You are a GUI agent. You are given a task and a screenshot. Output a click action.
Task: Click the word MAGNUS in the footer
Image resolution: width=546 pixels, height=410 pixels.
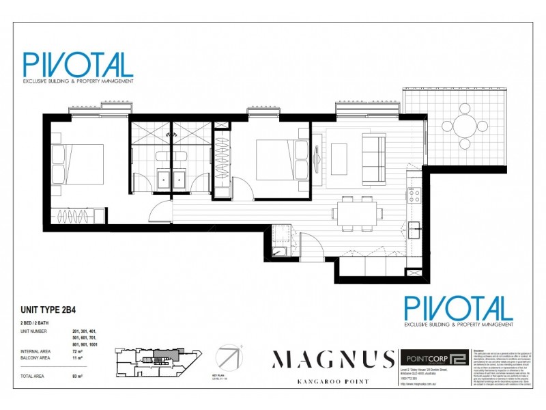click(x=334, y=359)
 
